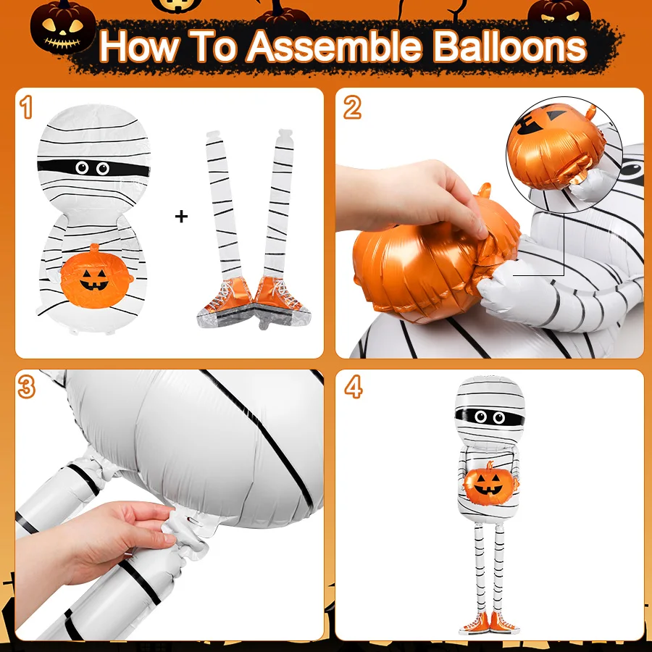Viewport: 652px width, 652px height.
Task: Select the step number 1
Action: click(26, 107)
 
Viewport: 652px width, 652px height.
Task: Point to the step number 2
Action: click(352, 108)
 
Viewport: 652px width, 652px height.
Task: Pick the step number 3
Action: click(27, 387)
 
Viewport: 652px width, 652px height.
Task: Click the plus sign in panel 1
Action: click(181, 216)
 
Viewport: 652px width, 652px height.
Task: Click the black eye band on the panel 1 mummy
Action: click(92, 168)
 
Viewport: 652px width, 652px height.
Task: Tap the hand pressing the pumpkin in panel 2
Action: click(411, 200)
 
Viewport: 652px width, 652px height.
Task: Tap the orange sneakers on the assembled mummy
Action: click(489, 622)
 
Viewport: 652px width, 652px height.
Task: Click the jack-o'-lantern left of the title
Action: click(63, 27)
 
